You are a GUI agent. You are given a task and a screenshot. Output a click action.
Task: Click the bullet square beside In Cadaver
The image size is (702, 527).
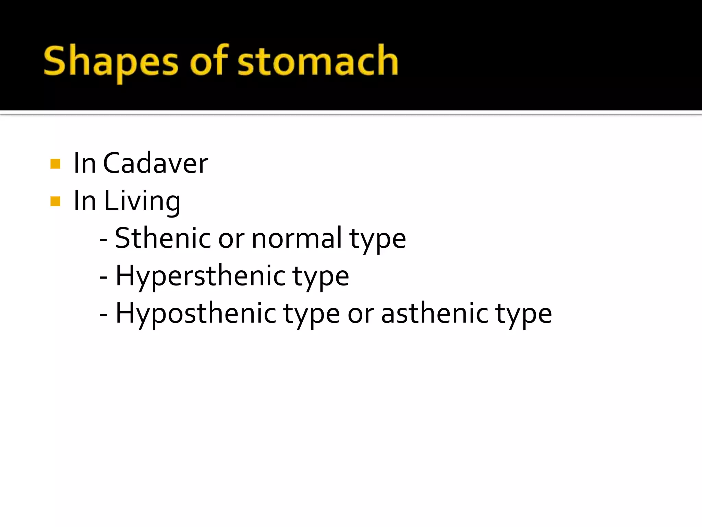click(55, 164)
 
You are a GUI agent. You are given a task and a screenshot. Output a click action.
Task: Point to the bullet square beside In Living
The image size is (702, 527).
click(55, 201)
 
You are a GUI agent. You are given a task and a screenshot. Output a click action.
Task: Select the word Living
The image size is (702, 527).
click(142, 201)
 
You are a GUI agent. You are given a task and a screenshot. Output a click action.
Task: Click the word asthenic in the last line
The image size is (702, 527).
click(435, 313)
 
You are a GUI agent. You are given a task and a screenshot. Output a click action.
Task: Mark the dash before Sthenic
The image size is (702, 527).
click(104, 239)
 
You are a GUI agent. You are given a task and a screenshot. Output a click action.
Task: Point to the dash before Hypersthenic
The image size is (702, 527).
click(104, 277)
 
